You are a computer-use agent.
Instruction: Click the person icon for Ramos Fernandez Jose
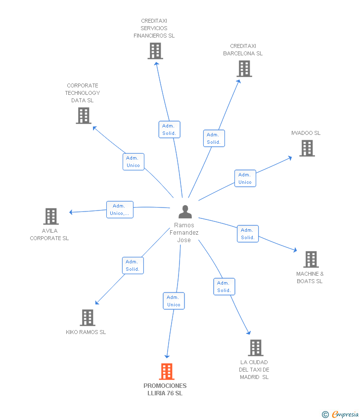pyautogui.click(x=185, y=212)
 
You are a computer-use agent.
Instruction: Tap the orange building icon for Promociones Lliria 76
pyautogui.click(x=167, y=372)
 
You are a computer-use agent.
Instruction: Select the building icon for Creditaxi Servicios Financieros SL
pyautogui.click(x=155, y=51)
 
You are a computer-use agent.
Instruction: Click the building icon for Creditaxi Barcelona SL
pyautogui.click(x=244, y=69)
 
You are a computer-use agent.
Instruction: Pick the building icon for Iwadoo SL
pyautogui.click(x=307, y=148)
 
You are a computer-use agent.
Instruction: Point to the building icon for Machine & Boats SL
pyautogui.click(x=311, y=259)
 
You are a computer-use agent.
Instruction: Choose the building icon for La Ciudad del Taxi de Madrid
pyautogui.click(x=255, y=348)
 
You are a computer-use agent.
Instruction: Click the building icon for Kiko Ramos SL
pyautogui.click(x=88, y=318)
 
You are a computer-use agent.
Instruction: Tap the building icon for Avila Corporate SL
pyautogui.click(x=51, y=216)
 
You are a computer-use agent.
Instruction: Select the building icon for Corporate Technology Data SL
pyautogui.click(x=84, y=116)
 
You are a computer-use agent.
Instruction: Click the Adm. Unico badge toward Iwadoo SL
pyautogui.click(x=245, y=178)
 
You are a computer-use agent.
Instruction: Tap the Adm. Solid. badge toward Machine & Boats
pyautogui.click(x=248, y=234)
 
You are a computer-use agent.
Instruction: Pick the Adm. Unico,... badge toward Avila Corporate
pyautogui.click(x=120, y=210)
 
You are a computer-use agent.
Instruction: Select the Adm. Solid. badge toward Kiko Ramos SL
pyautogui.click(x=133, y=265)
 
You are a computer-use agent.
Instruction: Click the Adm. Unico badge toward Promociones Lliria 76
pyautogui.click(x=174, y=301)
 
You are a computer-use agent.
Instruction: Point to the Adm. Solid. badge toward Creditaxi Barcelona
pyautogui.click(x=214, y=138)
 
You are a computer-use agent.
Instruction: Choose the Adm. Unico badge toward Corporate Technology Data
pyautogui.click(x=133, y=162)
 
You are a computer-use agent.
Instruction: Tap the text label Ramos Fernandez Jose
pyautogui.click(x=184, y=233)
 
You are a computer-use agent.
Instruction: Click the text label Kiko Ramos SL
pyautogui.click(x=86, y=332)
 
